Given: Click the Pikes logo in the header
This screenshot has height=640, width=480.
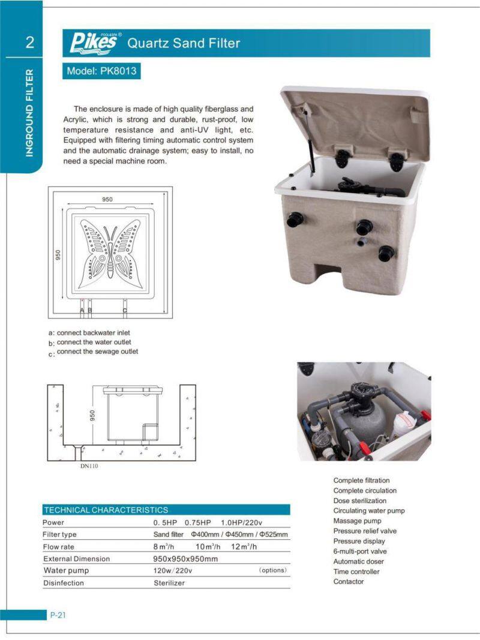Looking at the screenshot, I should click(95, 43).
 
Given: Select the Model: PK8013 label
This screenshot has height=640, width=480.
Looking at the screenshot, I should click(101, 71).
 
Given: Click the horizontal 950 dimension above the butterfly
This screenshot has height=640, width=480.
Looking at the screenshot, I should click(107, 199).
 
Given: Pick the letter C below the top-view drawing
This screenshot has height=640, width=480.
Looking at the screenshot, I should click(125, 310).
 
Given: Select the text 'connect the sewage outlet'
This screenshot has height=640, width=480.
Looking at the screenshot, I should click(97, 351).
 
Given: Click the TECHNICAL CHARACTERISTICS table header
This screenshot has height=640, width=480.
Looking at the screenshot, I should click(106, 510).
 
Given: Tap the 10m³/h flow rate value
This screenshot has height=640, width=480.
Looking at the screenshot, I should click(208, 546).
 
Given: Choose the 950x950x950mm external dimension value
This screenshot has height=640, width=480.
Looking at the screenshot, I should click(185, 558).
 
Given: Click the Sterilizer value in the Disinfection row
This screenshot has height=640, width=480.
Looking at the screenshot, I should click(170, 582).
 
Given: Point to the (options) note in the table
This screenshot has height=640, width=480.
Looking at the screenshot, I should click(272, 570).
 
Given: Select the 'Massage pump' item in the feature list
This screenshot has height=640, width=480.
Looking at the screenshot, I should click(357, 521).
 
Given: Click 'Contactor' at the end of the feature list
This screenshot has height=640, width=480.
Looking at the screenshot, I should click(349, 582).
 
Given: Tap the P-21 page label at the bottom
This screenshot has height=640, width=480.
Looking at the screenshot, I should click(58, 614).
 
